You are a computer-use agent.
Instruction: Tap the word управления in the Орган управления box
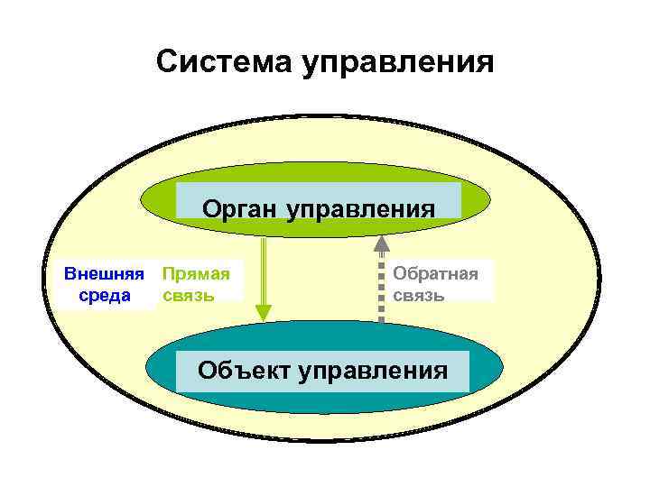pyautogui.click(x=361, y=210)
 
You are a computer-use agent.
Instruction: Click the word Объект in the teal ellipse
pyautogui.click(x=249, y=369)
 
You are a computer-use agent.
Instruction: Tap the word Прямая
pyautogui.click(x=194, y=273)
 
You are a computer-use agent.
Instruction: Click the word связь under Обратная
pyautogui.click(x=419, y=295)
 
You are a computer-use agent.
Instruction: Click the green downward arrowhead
pyautogui.click(x=263, y=312)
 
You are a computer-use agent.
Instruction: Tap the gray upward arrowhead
pyautogui.click(x=382, y=243)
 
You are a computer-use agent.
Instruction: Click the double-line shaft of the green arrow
pyautogui.click(x=263, y=271)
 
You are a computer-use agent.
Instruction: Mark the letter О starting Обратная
pyautogui.click(x=400, y=273)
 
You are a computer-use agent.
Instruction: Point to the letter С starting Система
pyautogui.click(x=165, y=62)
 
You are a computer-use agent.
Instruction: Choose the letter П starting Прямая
pyautogui.click(x=167, y=273)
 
